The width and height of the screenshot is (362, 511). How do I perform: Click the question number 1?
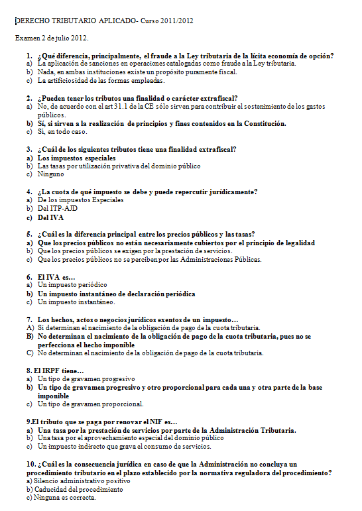tap(29, 56)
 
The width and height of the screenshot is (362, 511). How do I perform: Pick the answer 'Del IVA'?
tap(50, 217)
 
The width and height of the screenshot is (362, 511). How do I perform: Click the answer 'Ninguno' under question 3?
tap(50, 174)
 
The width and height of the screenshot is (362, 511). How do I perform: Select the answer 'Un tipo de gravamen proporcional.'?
tap(90, 404)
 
